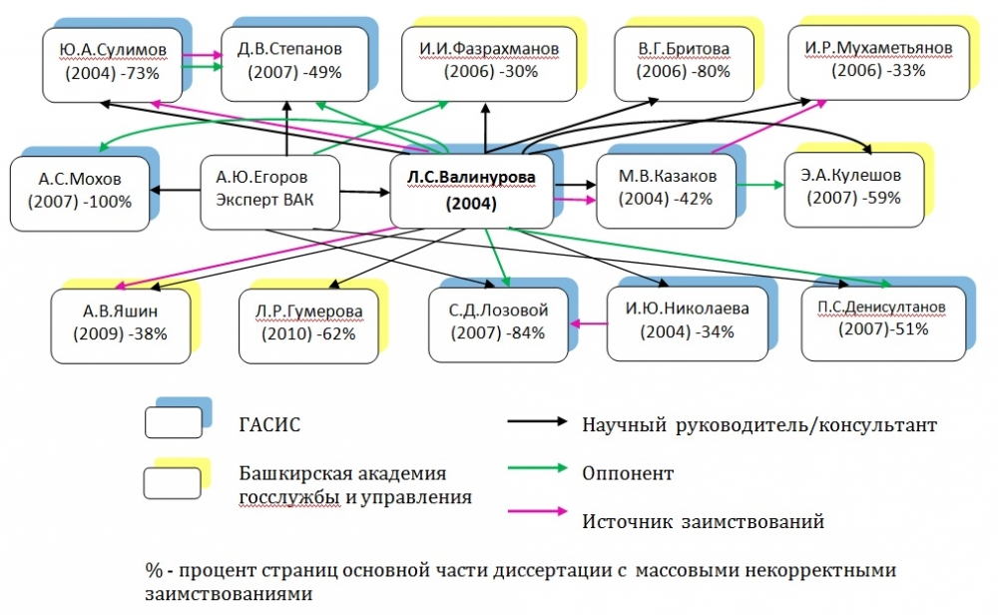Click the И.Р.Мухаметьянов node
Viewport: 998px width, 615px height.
click(x=876, y=60)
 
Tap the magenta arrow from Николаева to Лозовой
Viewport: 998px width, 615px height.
click(x=592, y=322)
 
